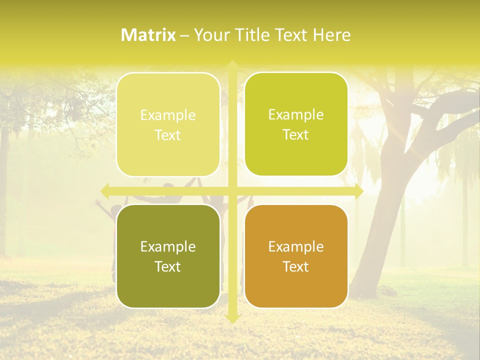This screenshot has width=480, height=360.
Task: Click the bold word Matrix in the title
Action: click(148, 34)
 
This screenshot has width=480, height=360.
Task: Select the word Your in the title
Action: click(209, 34)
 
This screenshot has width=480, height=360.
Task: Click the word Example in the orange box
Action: click(296, 246)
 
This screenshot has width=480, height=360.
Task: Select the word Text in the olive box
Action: click(168, 266)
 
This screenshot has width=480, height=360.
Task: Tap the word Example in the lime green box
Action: click(296, 114)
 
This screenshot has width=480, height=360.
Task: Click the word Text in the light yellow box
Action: click(168, 135)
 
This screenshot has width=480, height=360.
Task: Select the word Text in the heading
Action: click(290, 34)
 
